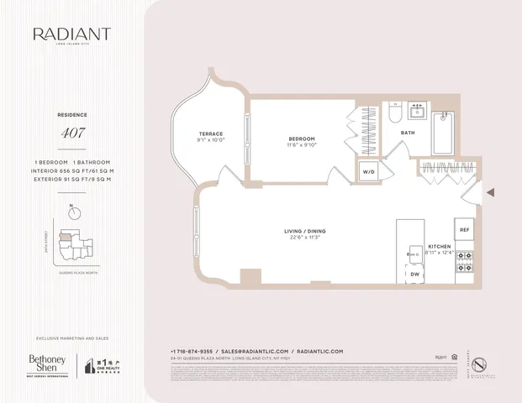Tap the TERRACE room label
click(x=210, y=134)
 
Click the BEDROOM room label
click(x=301, y=139)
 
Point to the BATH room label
click(x=408, y=133)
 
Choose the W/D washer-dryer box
click(x=369, y=171)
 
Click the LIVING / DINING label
click(x=304, y=231)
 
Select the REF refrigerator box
click(x=464, y=228)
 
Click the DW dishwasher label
click(x=414, y=275)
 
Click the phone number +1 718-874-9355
click(x=192, y=351)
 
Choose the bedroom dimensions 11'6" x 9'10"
click(x=301, y=145)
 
